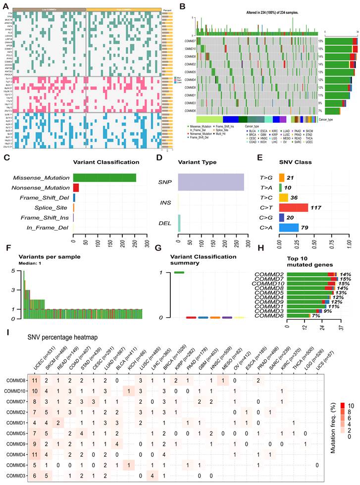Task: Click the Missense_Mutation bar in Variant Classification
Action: pos(104,178)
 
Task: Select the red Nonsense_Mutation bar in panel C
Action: pos(76,188)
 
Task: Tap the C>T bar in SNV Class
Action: pos(294,207)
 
